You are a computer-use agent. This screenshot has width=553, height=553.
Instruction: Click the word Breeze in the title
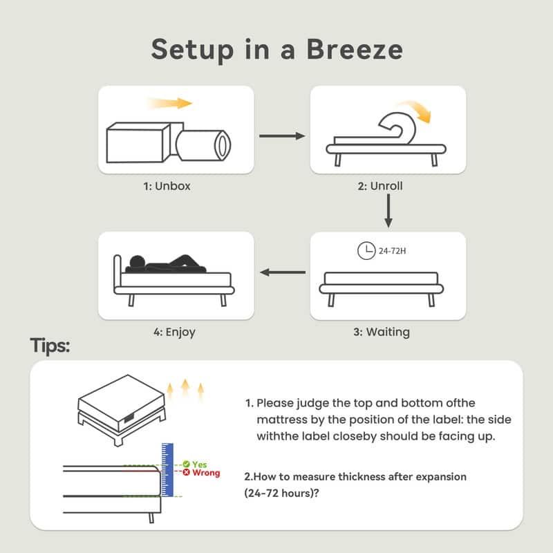(x=355, y=49)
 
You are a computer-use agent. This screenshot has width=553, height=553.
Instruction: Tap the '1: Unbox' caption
(x=167, y=186)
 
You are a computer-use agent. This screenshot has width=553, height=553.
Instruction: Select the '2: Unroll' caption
(x=379, y=186)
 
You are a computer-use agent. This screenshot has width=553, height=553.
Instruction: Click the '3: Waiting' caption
(x=382, y=332)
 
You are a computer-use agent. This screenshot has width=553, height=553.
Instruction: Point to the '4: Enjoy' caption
(x=174, y=332)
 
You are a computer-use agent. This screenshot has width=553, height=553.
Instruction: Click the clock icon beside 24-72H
(x=366, y=251)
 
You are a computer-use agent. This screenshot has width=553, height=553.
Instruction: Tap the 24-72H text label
(x=392, y=251)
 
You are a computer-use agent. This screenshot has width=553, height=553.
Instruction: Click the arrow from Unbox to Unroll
(x=282, y=135)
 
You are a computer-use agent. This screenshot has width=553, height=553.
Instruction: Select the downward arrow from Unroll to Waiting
(x=388, y=211)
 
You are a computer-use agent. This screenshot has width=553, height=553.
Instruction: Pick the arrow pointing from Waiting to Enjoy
(x=283, y=272)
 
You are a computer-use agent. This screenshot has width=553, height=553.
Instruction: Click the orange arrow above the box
(x=169, y=103)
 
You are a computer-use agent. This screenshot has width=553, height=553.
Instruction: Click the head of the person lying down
(x=137, y=263)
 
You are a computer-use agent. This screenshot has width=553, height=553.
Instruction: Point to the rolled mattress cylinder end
(x=222, y=145)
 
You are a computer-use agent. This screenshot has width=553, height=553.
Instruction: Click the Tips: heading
(x=50, y=346)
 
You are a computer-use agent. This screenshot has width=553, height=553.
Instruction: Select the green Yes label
(x=199, y=465)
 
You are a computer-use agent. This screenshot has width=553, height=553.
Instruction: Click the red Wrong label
(x=206, y=473)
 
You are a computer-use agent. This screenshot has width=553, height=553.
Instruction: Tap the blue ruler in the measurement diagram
(x=167, y=470)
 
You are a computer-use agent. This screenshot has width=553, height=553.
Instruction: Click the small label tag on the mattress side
(x=129, y=418)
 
